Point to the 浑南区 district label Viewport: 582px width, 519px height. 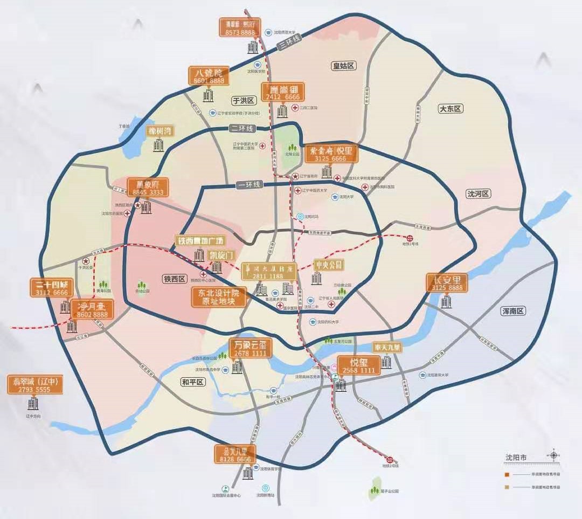click(513, 311)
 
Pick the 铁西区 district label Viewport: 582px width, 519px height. click(174, 279)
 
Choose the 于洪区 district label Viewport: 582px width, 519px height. click(242, 100)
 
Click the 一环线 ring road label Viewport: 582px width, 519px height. click(248, 185)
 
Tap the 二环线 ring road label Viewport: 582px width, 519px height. click(241, 128)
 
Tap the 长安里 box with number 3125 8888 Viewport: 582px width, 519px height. click(447, 283)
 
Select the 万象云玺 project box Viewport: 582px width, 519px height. click(251, 348)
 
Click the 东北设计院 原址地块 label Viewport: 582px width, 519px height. click(219, 297)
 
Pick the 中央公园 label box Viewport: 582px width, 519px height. click(329, 265)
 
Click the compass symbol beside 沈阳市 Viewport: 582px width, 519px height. click(553, 456)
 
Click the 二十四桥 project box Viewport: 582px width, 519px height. click(49, 288)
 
